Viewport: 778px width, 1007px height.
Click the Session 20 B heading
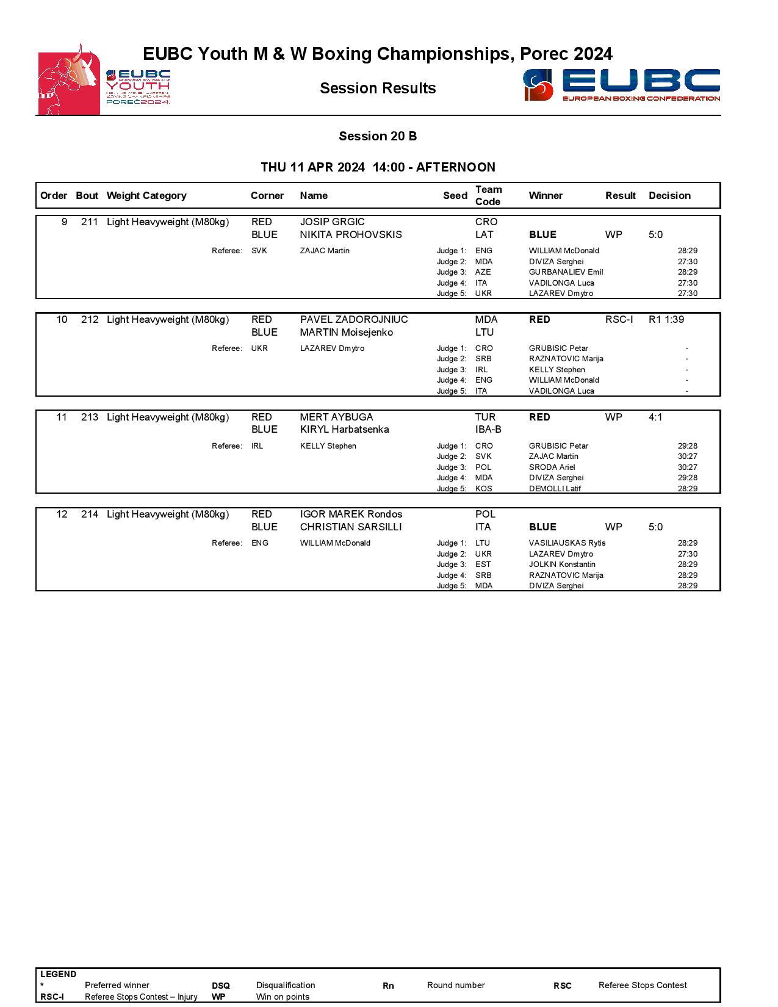click(378, 136)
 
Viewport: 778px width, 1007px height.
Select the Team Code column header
click(488, 195)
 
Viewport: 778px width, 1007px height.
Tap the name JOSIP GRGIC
click(332, 222)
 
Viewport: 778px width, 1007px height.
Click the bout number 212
click(89, 320)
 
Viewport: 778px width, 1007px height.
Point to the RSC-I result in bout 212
click(619, 320)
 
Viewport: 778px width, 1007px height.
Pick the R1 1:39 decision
click(666, 320)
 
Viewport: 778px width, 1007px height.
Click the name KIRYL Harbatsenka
click(344, 430)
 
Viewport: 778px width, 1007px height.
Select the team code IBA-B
click(488, 430)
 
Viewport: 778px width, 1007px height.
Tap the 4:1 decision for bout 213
click(655, 417)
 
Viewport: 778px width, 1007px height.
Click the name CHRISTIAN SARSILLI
click(351, 527)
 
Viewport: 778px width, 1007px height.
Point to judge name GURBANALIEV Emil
click(566, 272)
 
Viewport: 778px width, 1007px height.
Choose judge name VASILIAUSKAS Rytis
click(567, 543)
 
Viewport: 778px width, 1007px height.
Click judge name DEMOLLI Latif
click(555, 489)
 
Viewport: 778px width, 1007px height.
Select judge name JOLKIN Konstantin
click(562, 565)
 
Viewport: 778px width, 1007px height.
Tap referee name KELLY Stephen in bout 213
click(328, 446)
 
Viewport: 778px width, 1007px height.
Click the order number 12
click(62, 514)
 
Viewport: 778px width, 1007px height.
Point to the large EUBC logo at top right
click(621, 85)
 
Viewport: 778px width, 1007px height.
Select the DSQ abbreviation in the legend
click(221, 986)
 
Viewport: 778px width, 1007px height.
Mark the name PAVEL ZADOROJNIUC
click(354, 320)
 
